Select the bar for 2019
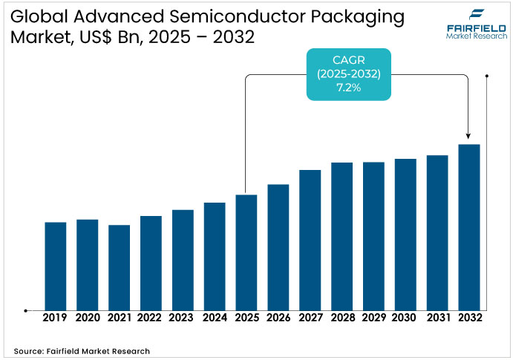point(56,266)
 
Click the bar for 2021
point(119,267)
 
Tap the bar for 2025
point(246,252)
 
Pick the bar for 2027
point(310,240)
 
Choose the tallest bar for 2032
point(469,227)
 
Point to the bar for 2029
point(373,236)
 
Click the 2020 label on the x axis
point(87,318)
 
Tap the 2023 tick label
point(183,318)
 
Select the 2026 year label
point(278,318)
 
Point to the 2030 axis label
point(405,318)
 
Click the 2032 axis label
point(469,318)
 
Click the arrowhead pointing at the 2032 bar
point(468,136)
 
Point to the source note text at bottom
point(82,350)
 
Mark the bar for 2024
point(215,256)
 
